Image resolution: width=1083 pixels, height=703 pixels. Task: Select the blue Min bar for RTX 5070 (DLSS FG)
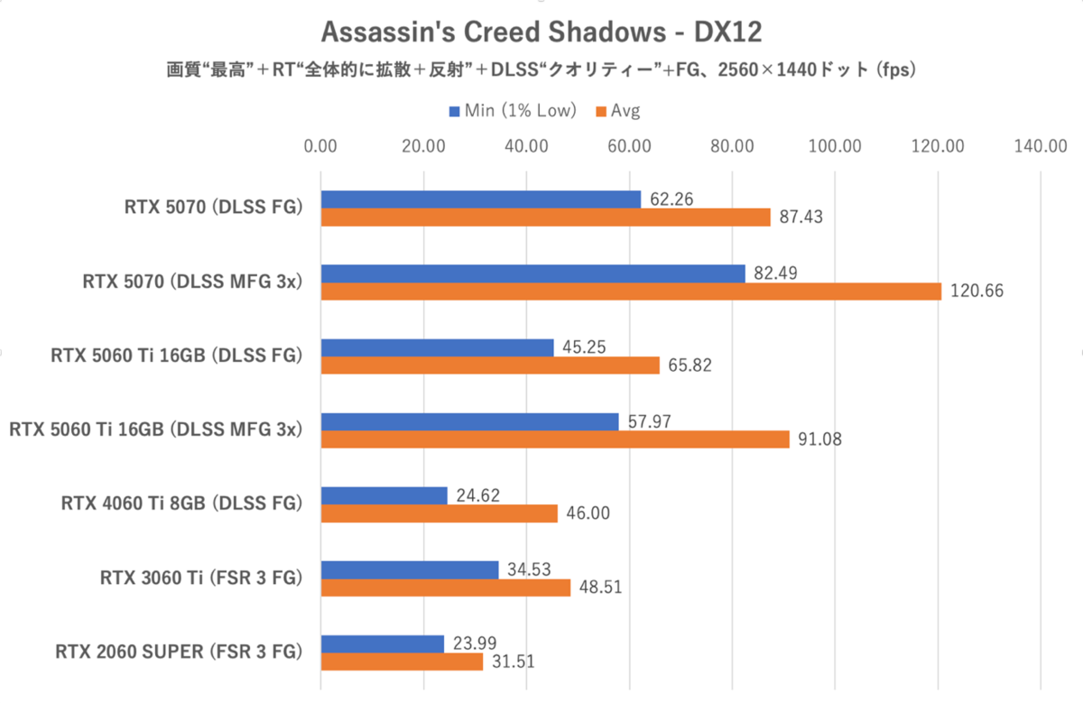point(480,199)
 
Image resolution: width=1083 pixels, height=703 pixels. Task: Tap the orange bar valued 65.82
point(490,365)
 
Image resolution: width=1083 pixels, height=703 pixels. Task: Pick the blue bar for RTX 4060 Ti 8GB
point(384,495)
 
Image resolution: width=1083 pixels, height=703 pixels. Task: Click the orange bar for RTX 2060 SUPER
point(402,661)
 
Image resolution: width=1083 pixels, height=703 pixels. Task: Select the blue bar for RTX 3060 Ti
point(409,569)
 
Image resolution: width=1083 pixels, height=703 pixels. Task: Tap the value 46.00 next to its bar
point(588,513)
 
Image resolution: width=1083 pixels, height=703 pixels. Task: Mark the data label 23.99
point(474,643)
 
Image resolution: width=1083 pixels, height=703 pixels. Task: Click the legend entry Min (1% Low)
point(512,111)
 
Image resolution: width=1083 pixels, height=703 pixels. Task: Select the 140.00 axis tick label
point(1041,146)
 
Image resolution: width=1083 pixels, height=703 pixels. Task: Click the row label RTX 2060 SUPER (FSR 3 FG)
point(177,652)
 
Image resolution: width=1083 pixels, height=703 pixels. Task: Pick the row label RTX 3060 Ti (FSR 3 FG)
point(199,578)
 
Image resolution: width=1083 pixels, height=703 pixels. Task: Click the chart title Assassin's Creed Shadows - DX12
point(541,32)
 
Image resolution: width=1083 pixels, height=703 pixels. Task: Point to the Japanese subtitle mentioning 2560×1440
point(541,69)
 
